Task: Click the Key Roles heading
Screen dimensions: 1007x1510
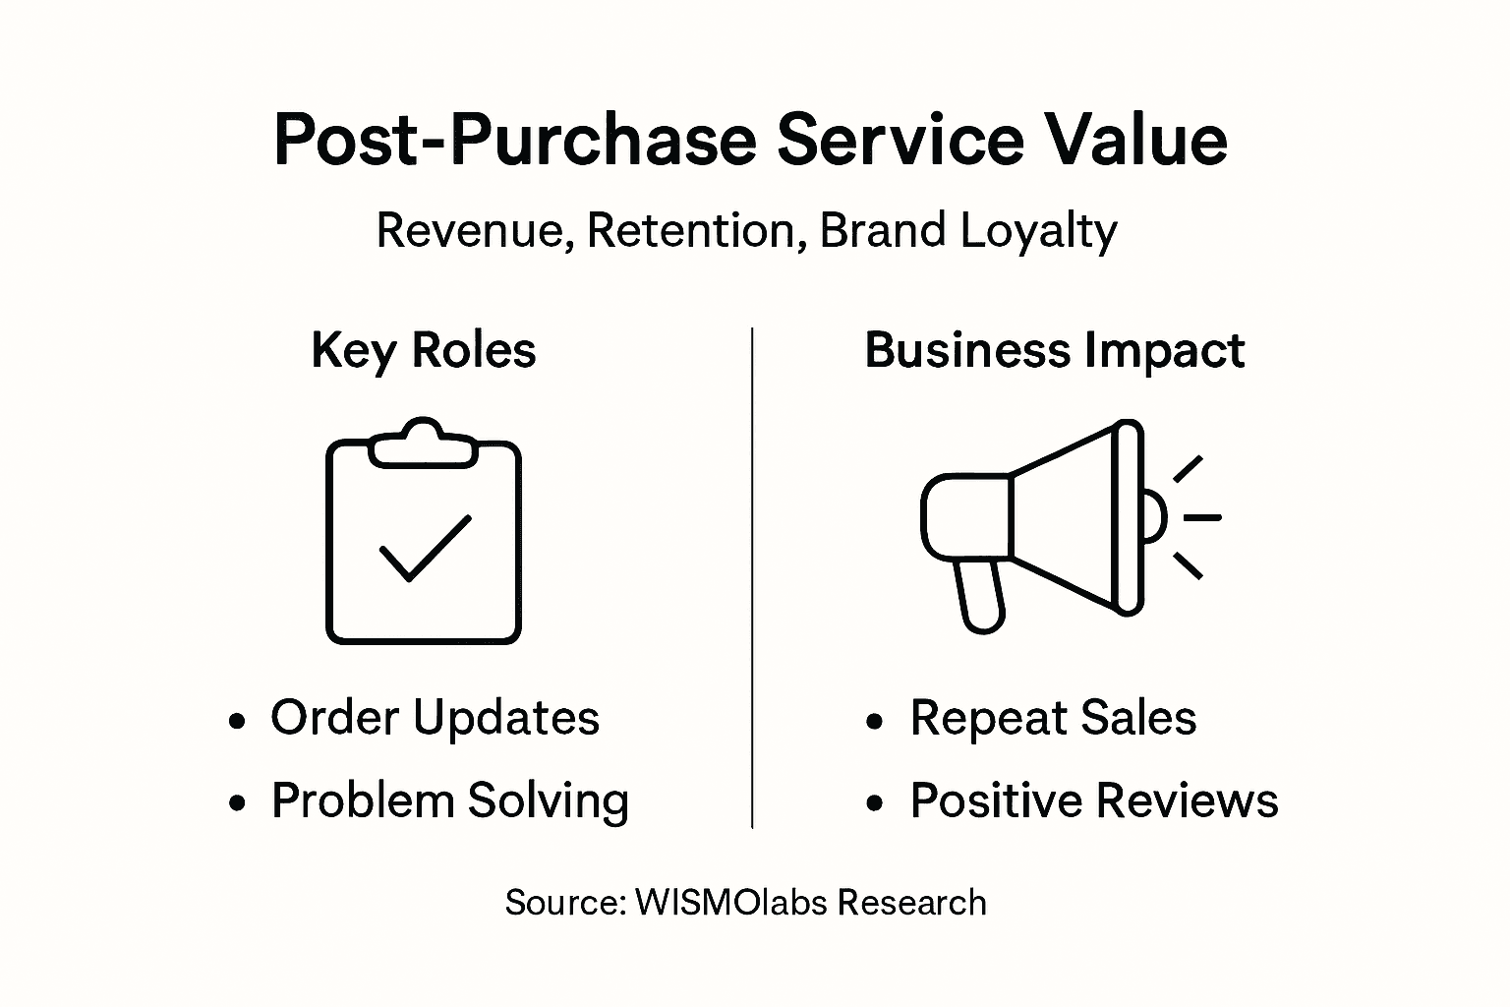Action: click(x=424, y=350)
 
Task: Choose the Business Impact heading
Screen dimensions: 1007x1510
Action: click(x=1054, y=351)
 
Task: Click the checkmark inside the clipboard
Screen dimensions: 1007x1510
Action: click(x=425, y=548)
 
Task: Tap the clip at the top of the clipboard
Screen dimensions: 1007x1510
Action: click(x=423, y=444)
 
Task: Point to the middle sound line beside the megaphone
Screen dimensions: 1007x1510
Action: click(x=1201, y=516)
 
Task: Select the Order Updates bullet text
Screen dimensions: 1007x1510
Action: click(x=435, y=718)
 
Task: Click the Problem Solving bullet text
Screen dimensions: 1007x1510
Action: click(x=450, y=800)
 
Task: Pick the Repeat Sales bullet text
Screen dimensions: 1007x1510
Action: click(x=1053, y=718)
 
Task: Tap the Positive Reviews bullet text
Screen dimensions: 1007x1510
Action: click(x=1093, y=800)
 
